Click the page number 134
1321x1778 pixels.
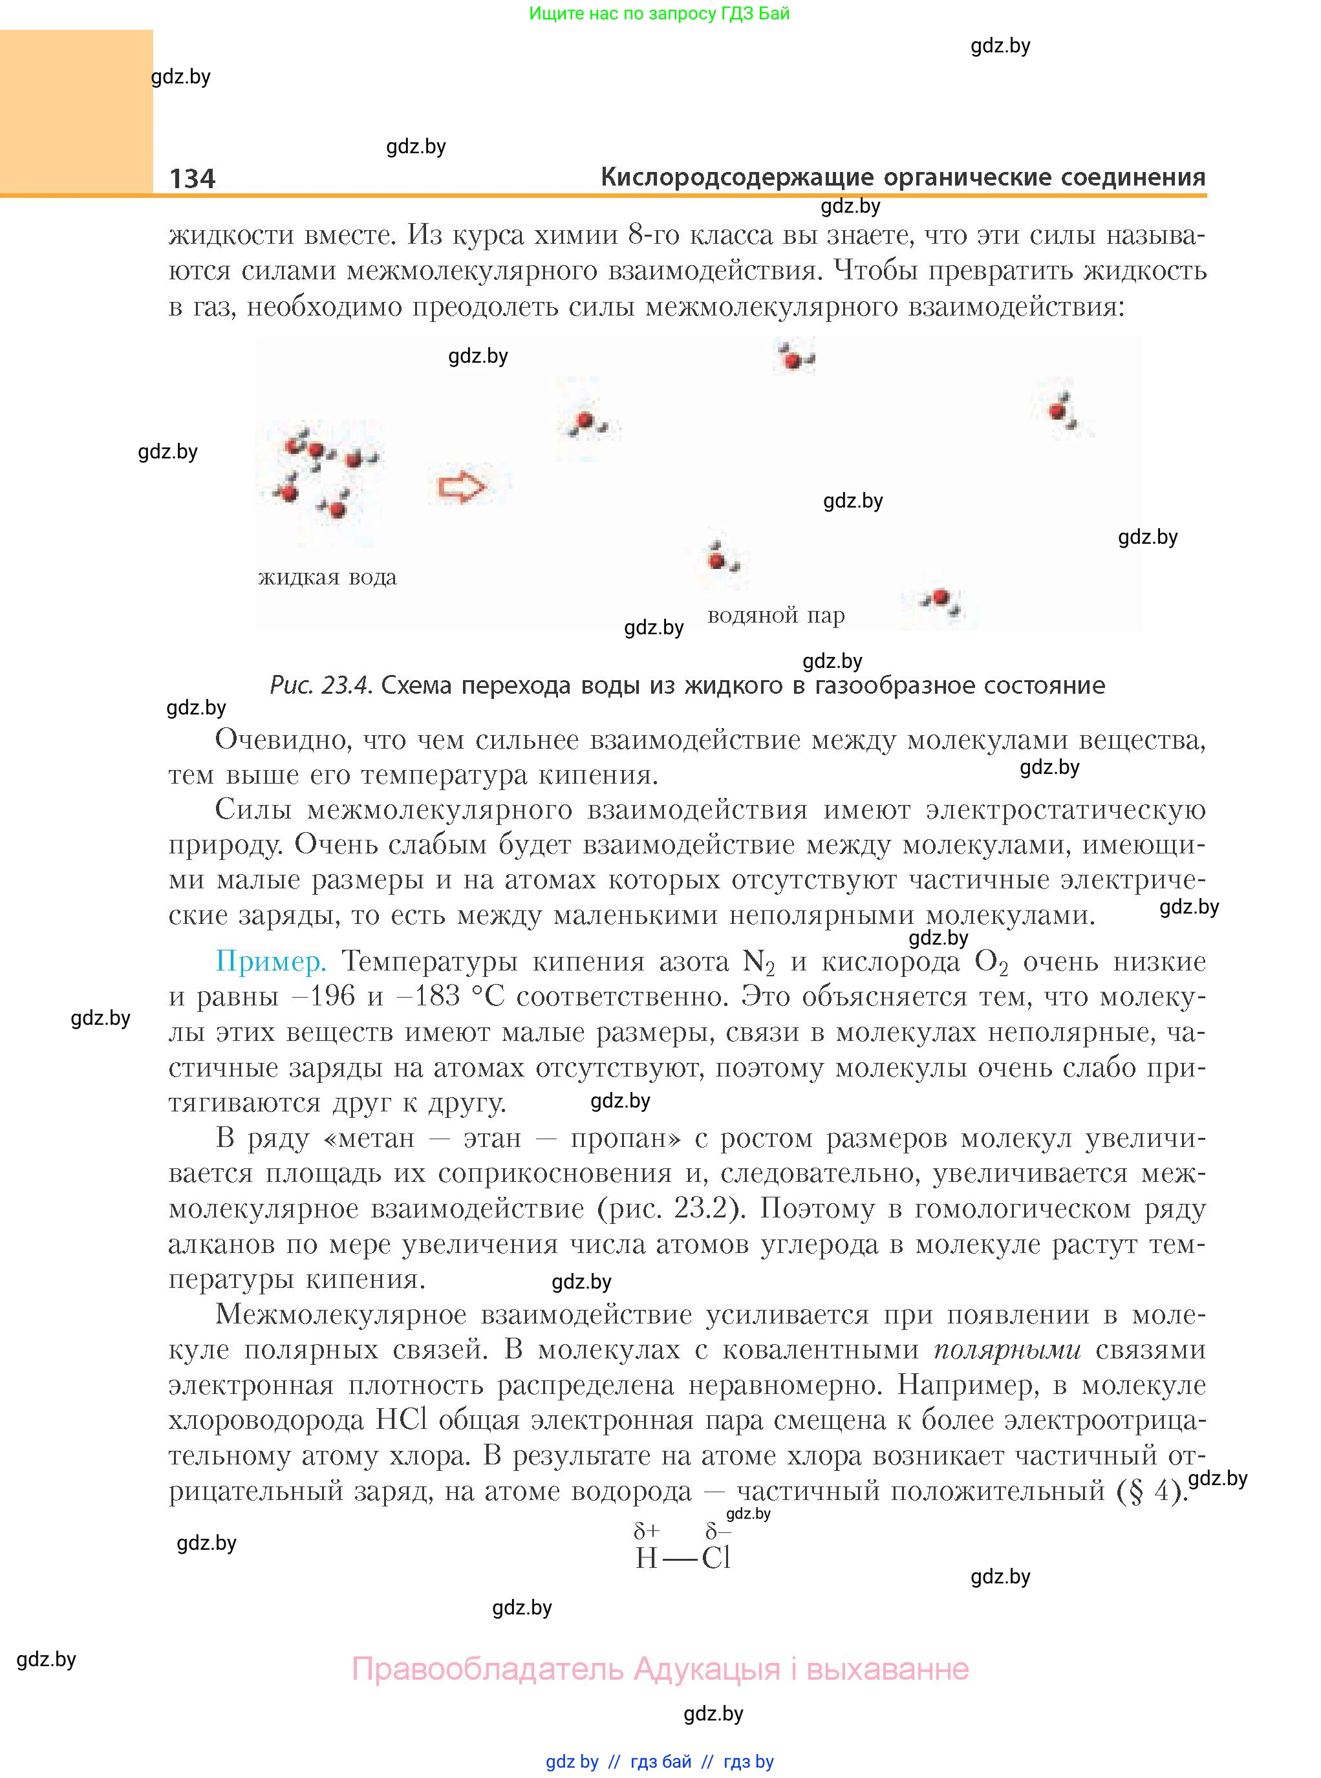coord(193,178)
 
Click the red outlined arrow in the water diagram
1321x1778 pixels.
coord(462,486)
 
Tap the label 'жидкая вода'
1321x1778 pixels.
coord(327,577)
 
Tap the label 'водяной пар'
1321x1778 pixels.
coord(776,616)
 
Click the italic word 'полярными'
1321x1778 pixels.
coord(1007,1350)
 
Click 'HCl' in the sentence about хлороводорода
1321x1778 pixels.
coord(401,1420)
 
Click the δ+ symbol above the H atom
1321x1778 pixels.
coord(646,1531)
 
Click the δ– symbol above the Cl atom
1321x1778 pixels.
coord(717,1531)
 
